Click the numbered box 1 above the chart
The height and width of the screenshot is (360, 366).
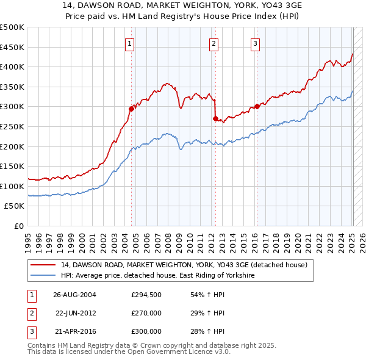click(131, 43)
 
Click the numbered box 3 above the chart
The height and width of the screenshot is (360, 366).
click(255, 43)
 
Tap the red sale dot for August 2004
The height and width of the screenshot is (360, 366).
click(131, 109)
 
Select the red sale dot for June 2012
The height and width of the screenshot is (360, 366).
click(215, 118)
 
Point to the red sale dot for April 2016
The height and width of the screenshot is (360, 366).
click(257, 106)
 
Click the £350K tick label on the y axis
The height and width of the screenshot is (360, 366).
click(12, 87)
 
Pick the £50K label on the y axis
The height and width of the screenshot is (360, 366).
click(15, 206)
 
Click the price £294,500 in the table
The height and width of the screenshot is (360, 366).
click(146, 295)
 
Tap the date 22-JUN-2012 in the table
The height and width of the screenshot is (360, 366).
click(76, 313)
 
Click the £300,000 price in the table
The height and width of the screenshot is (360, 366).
click(146, 331)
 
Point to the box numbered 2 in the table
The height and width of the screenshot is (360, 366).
click(32, 313)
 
